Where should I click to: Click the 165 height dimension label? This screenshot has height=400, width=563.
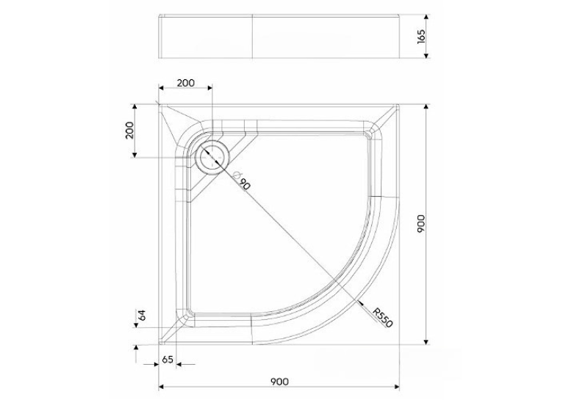click(x=422, y=37)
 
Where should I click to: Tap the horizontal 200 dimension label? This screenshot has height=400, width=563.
click(x=186, y=83)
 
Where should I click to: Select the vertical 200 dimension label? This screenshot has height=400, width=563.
click(x=130, y=131)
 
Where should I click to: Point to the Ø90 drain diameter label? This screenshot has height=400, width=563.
click(x=241, y=181)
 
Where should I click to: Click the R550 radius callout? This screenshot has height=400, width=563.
click(x=382, y=318)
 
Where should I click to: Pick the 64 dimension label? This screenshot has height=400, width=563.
click(x=143, y=315)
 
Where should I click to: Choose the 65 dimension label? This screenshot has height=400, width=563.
click(x=168, y=359)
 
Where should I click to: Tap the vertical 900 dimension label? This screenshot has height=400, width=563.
click(x=421, y=224)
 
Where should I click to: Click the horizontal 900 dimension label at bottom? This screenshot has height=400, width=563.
click(x=279, y=382)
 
